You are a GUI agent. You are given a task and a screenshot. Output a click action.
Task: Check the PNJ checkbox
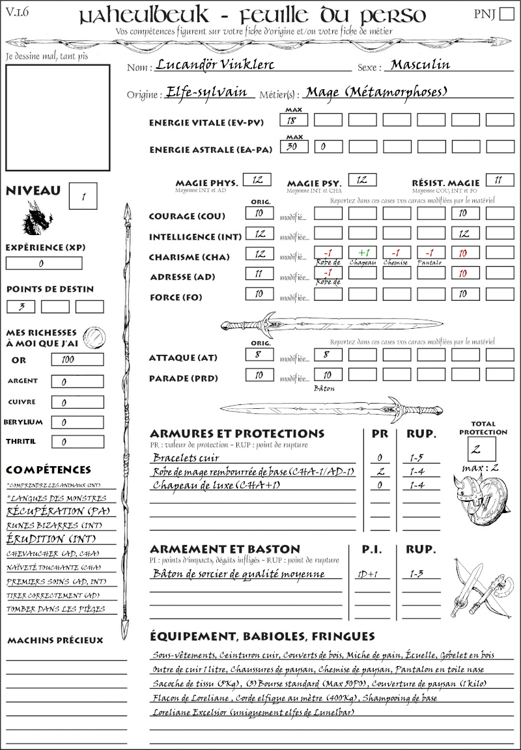pos(505,14)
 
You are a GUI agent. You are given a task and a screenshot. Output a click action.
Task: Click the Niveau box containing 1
pos(85,195)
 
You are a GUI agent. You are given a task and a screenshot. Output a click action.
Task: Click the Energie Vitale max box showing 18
pos(293,120)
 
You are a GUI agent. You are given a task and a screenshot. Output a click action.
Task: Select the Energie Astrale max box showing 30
pos(293,147)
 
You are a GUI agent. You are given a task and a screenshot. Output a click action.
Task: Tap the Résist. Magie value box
pos(499,180)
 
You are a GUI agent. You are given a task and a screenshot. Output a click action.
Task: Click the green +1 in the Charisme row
pos(362,253)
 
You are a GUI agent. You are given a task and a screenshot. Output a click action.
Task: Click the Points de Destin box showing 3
pos(21,307)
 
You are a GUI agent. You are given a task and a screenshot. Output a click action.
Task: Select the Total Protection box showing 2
pos(482,449)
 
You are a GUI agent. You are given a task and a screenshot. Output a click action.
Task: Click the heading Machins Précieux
pos(55,641)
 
